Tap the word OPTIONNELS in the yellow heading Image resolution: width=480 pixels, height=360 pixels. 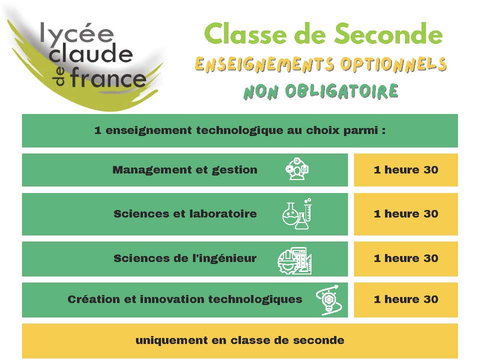[x=393, y=64]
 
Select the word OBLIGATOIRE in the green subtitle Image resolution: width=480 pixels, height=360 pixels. [x=341, y=91]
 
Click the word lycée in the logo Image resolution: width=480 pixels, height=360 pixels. [x=77, y=33]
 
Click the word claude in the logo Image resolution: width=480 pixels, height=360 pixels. [x=90, y=53]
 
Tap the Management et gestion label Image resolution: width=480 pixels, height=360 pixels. [x=185, y=170]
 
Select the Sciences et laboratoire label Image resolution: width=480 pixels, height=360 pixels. [x=185, y=213]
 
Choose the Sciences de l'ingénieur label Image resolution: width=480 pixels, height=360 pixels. [x=185, y=258]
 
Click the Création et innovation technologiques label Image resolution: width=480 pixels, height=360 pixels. [x=185, y=299]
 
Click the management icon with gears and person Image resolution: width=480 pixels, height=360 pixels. [x=297, y=168]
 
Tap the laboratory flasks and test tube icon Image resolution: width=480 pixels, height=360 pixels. [x=297, y=214]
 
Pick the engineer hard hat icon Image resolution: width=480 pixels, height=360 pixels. [x=294, y=261]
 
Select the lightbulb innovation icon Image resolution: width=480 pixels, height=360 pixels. [x=329, y=300]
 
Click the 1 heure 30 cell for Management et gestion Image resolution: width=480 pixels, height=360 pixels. [x=406, y=170]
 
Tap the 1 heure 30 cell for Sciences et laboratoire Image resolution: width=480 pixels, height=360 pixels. [x=406, y=214]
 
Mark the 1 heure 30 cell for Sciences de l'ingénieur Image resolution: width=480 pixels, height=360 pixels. [x=406, y=258]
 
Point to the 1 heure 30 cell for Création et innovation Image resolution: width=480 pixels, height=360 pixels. [x=406, y=299]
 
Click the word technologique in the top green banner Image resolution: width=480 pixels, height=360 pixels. [x=239, y=130]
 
